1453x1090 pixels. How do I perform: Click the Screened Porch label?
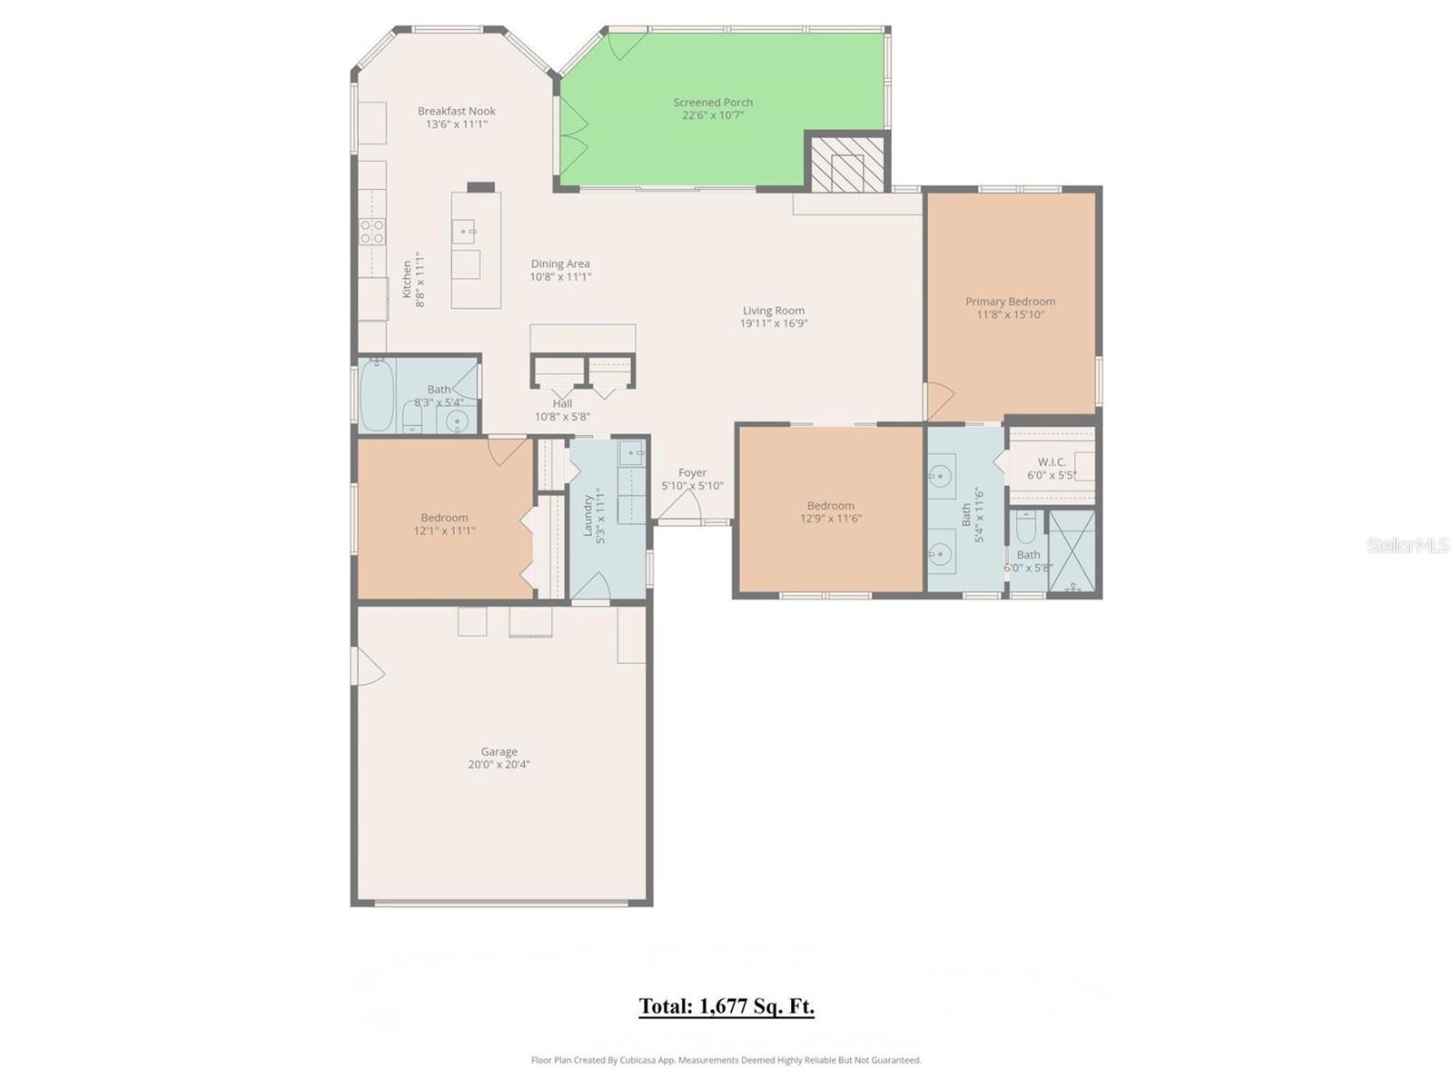pyautogui.click(x=713, y=103)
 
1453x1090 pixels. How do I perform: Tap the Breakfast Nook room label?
pyautogui.click(x=457, y=112)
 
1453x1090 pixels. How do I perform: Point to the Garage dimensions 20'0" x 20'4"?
pyautogui.click(x=499, y=765)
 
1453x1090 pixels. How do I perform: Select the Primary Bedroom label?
pyautogui.click(x=1010, y=302)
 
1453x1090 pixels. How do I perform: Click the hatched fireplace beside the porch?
pyautogui.click(x=846, y=163)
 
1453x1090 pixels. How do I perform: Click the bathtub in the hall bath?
pyautogui.click(x=376, y=396)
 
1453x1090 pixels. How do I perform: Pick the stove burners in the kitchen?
pyautogui.click(x=371, y=233)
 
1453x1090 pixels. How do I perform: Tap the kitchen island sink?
pyautogui.click(x=465, y=232)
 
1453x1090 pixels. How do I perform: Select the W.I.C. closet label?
pyautogui.click(x=1052, y=462)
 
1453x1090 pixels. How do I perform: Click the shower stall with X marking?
pyautogui.click(x=1072, y=551)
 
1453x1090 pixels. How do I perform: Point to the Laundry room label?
pyautogui.click(x=588, y=514)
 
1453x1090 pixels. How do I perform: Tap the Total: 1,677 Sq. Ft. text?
pyautogui.click(x=726, y=1006)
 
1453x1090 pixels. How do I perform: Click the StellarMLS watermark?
pyautogui.click(x=1407, y=546)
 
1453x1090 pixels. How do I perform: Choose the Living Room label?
pyautogui.click(x=773, y=311)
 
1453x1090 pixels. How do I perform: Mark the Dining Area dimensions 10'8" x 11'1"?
pyautogui.click(x=560, y=277)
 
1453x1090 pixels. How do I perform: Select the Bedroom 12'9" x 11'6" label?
pyautogui.click(x=830, y=506)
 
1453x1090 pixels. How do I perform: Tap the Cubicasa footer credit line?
pyautogui.click(x=726, y=1060)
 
